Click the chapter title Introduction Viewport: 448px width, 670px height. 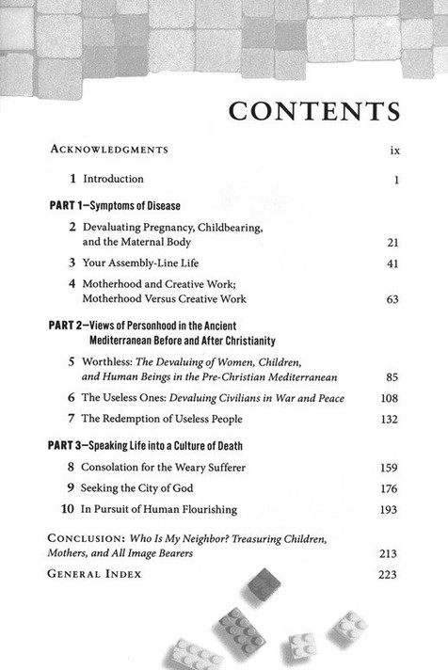pyautogui.click(x=113, y=179)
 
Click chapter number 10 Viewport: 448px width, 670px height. pyautogui.click(x=68, y=509)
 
